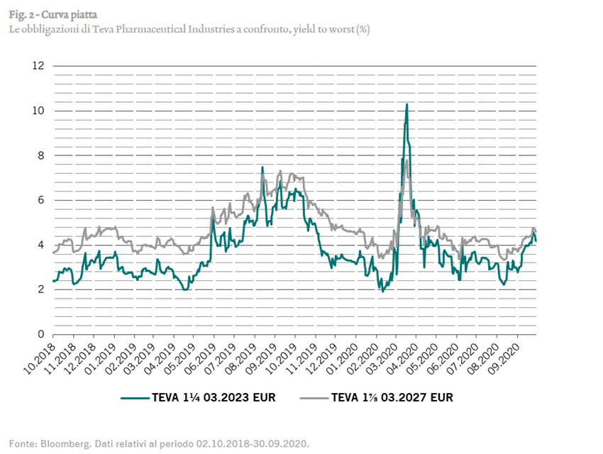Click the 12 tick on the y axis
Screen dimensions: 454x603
click(x=38, y=66)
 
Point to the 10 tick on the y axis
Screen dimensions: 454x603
click(x=38, y=111)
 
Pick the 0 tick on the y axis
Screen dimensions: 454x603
click(x=41, y=334)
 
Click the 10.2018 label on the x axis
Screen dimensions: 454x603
click(x=38, y=357)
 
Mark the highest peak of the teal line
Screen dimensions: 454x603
click(x=406, y=104)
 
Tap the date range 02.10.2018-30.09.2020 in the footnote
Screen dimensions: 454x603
click(x=253, y=443)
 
